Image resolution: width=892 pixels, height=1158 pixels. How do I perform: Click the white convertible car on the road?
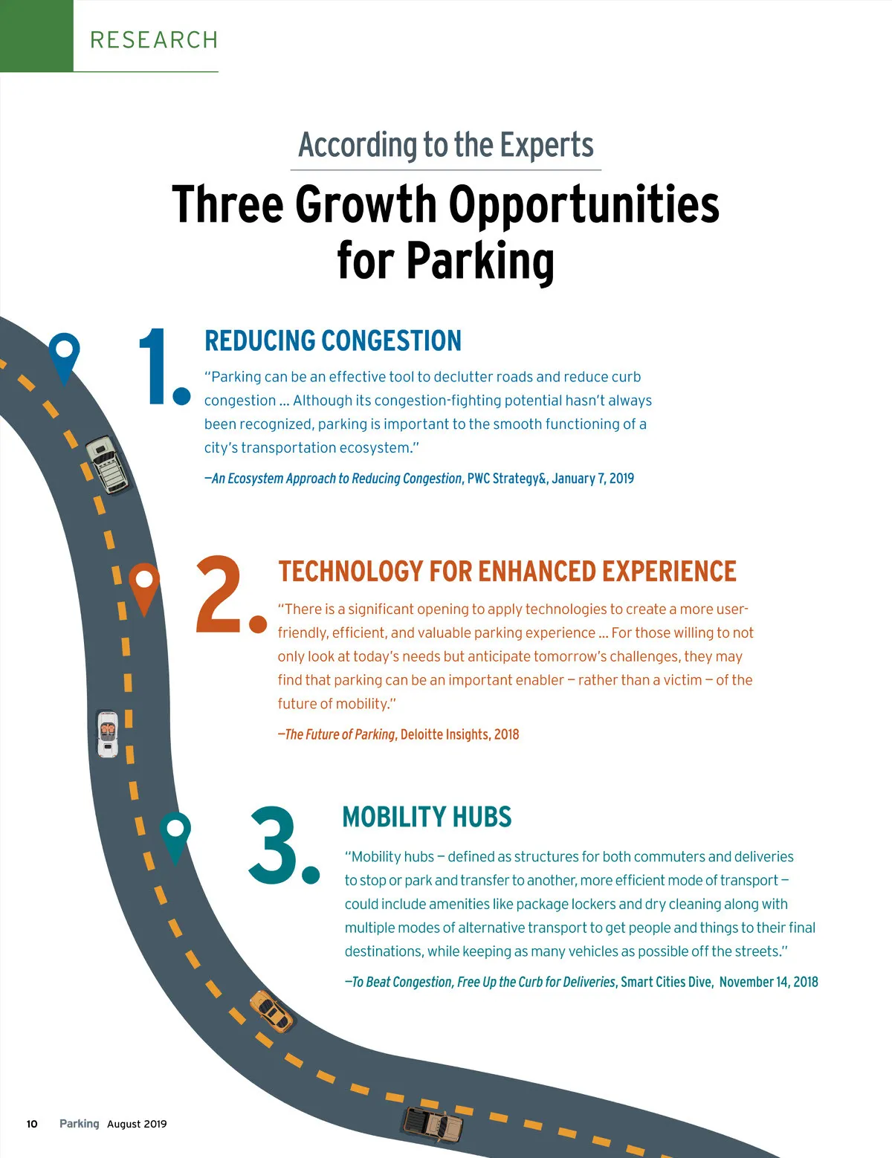108,733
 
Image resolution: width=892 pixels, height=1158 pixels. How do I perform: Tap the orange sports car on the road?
271,1011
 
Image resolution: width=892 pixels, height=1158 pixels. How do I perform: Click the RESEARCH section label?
154,39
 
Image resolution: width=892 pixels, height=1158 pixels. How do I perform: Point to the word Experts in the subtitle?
546,145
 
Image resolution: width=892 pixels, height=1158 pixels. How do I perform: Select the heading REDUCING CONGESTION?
332,340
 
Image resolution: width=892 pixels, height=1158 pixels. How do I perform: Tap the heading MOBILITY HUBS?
427,816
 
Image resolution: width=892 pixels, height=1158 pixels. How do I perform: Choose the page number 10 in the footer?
32,1124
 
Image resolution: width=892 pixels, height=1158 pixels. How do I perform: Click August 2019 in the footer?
137,1124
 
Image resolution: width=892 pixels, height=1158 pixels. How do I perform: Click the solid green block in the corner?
36,36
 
